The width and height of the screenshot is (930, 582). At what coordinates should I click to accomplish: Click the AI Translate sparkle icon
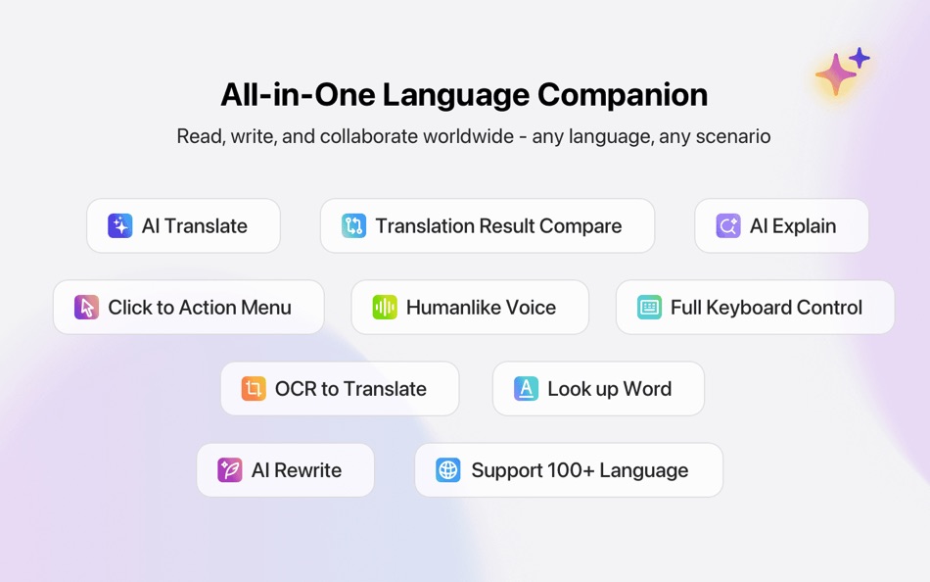(x=119, y=225)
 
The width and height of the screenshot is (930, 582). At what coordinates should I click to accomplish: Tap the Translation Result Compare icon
(x=353, y=225)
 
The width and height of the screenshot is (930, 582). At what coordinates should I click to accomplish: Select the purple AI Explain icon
(x=727, y=225)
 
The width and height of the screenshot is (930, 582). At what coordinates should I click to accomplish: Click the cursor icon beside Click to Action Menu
(x=86, y=307)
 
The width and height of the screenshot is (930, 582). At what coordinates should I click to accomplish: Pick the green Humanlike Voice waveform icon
(x=385, y=307)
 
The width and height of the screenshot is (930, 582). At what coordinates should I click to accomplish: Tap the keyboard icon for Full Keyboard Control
(x=649, y=307)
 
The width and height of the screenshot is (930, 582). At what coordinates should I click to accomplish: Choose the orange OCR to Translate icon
(x=254, y=388)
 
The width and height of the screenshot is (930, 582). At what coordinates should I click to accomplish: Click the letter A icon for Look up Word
(x=526, y=388)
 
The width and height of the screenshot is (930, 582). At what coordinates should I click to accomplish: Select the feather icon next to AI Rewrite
(x=229, y=469)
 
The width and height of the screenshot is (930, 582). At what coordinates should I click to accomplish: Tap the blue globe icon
(x=447, y=469)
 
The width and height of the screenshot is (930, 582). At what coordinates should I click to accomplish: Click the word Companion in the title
(x=623, y=96)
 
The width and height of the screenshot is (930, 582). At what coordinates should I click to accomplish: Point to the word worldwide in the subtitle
(x=468, y=136)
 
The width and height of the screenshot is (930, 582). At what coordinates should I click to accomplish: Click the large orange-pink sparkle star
(x=836, y=74)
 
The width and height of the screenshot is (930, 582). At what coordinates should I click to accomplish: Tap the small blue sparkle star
(x=860, y=58)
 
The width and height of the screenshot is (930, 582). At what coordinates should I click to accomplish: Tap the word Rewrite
(x=307, y=470)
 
